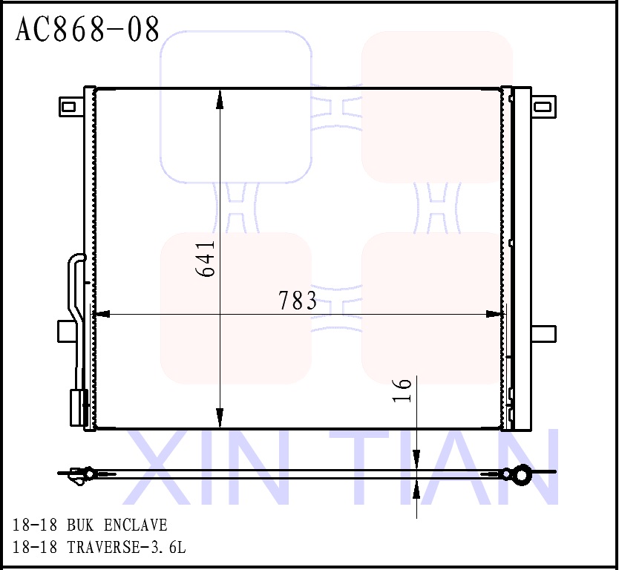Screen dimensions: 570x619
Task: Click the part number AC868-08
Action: tap(88, 30)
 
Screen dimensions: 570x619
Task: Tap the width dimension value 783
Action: tap(298, 301)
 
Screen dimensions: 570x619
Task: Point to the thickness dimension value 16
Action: tap(401, 390)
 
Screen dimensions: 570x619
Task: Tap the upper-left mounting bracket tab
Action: tap(70, 106)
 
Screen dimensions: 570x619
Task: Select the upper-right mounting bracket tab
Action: tap(544, 106)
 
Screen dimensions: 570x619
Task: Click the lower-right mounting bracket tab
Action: tap(544, 333)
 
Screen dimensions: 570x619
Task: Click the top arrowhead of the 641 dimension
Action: tap(220, 97)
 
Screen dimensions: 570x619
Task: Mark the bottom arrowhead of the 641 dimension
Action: tap(220, 419)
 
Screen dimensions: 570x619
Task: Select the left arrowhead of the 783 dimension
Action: tap(101, 315)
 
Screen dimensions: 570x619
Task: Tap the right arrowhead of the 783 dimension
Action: tap(494, 315)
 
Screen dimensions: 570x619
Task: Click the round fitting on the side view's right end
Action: tap(523, 474)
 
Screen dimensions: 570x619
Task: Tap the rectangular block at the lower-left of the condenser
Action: tap(76, 407)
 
